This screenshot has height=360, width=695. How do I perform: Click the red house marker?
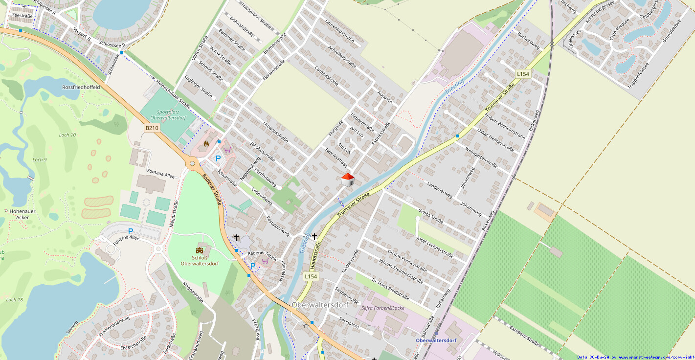[347, 180]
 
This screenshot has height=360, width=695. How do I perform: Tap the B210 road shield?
[152, 128]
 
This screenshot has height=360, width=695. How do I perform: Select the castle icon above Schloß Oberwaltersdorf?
[200, 250]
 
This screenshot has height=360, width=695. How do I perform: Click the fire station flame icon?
[206, 144]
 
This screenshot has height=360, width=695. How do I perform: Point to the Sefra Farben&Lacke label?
[383, 308]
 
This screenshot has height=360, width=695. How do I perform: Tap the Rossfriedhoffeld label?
[81, 87]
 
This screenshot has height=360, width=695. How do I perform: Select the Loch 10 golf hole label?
[67, 135]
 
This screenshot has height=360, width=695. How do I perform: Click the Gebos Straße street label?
[430, 215]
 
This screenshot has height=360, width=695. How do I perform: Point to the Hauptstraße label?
[317, 257]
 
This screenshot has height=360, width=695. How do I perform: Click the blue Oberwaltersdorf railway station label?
[436, 340]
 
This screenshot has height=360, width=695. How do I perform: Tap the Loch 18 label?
[15, 300]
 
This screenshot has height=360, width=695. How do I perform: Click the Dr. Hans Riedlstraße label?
[390, 289]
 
